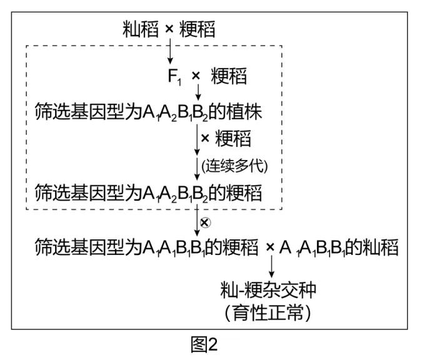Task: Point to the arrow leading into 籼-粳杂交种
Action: (x=272, y=266)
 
